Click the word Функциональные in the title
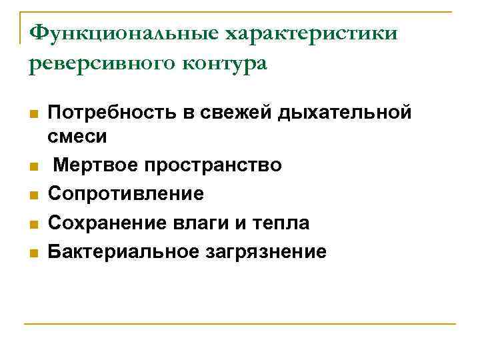pyautogui.click(x=125, y=33)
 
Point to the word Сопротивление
pyautogui.click(x=126, y=194)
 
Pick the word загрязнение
pyautogui.click(x=261, y=251)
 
